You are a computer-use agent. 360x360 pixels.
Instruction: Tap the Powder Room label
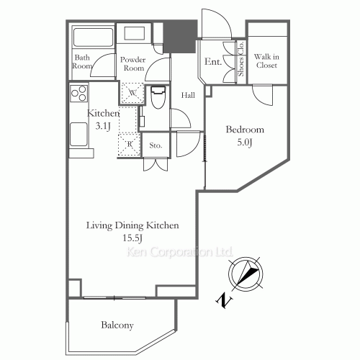(x=133, y=64)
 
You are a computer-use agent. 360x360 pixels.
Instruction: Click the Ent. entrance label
(x=212, y=63)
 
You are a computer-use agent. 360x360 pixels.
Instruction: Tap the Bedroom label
(x=245, y=130)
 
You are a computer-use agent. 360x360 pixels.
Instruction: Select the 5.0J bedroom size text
(x=245, y=143)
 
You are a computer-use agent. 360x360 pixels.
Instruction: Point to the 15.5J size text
(x=132, y=238)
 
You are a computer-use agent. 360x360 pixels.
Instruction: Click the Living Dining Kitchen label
(x=132, y=225)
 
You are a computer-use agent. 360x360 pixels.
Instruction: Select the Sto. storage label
(x=156, y=146)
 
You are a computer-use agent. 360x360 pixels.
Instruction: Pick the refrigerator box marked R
(x=129, y=143)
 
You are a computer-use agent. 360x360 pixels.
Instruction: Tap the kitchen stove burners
(x=79, y=93)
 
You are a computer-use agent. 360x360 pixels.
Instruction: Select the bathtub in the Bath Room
(x=91, y=39)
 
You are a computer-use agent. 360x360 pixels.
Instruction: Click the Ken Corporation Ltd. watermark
(x=179, y=253)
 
